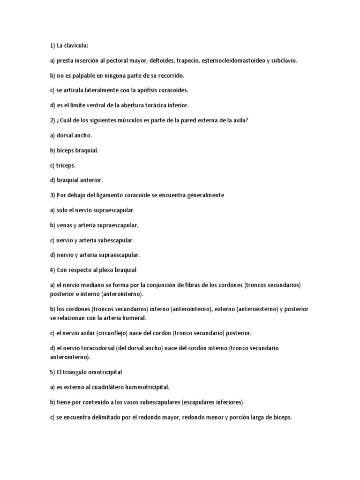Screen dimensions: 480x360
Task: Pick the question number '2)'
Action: [x=52, y=120]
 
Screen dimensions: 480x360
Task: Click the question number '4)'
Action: [x=52, y=270]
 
